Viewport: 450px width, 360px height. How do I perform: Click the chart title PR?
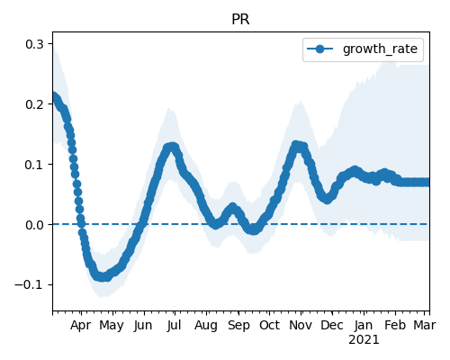click(x=240, y=20)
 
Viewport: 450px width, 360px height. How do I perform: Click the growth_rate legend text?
click(x=380, y=49)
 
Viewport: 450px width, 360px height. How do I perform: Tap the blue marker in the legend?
click(x=320, y=49)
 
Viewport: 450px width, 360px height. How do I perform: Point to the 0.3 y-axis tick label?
click(x=34, y=44)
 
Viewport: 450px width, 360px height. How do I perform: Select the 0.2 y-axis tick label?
click(x=34, y=104)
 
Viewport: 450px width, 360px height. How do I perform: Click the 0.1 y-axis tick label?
click(x=34, y=165)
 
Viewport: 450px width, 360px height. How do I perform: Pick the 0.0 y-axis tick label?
click(x=34, y=225)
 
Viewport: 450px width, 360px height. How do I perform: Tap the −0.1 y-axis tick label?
click(x=30, y=284)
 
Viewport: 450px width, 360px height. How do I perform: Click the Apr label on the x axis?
click(x=80, y=326)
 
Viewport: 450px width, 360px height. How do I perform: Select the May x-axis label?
click(x=112, y=326)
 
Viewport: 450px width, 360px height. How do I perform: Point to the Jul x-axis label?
click(x=175, y=325)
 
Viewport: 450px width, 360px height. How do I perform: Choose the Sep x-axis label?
click(x=238, y=326)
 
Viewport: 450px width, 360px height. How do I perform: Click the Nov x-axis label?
click(x=301, y=325)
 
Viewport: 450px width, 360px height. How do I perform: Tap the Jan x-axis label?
click(x=364, y=325)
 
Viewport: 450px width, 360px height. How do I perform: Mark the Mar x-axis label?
click(x=425, y=325)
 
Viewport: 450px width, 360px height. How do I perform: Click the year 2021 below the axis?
click(x=364, y=340)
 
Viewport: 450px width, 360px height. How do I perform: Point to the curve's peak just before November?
click(x=298, y=147)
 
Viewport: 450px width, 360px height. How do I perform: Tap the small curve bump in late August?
click(x=232, y=208)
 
